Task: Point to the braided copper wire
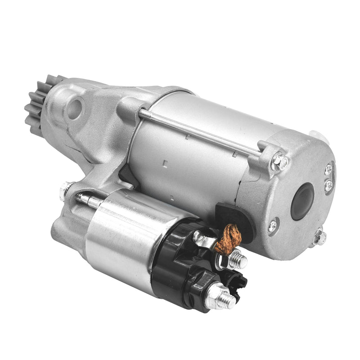click(x=225, y=237)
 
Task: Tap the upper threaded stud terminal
click(x=238, y=260)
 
